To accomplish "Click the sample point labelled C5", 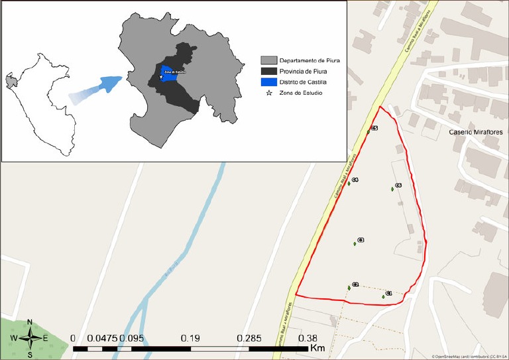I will pyautogui.click(x=368, y=131).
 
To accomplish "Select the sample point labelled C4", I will pyautogui.click(x=349, y=183).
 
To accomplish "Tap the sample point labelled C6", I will pyautogui.click(x=393, y=189).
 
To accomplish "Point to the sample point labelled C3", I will pyautogui.click(x=355, y=243).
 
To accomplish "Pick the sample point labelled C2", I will pyautogui.click(x=349, y=288).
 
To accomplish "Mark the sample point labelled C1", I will pyautogui.click(x=384, y=296).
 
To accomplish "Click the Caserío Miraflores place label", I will pyautogui.click(x=476, y=132).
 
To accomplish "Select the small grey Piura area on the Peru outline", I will pyautogui.click(x=10, y=82).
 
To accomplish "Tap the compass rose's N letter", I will pyautogui.click(x=30, y=322).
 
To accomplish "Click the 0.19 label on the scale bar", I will pyautogui.click(x=191, y=337).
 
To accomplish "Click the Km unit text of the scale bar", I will pyautogui.click(x=317, y=347).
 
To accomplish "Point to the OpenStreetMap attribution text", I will pyautogui.click(x=471, y=356).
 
